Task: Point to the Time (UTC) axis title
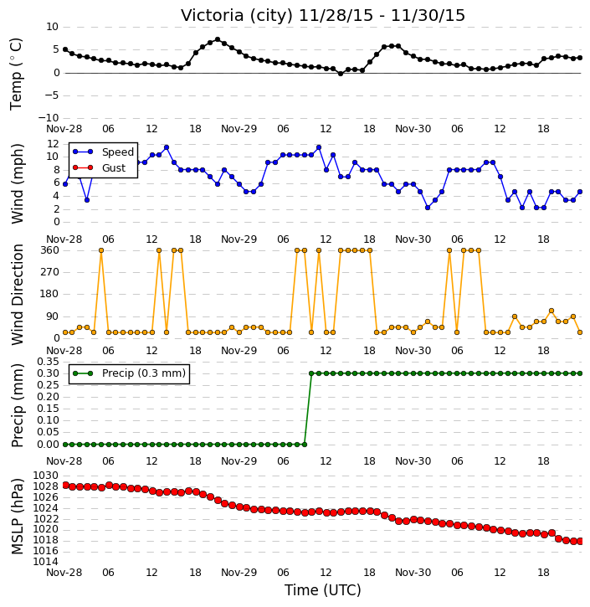[323, 590]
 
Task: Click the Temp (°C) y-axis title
[16, 74]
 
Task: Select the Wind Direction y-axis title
[17, 295]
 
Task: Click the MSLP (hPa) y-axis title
[17, 517]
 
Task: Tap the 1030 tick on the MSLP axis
[46, 476]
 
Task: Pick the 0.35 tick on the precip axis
[48, 362]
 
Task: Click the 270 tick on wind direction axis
[50, 272]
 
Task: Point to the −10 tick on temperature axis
[48, 118]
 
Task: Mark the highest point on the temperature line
[218, 39]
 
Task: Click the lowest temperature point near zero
[341, 73]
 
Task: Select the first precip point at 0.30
[311, 373]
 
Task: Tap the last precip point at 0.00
[305, 445]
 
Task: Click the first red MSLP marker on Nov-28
[65, 486]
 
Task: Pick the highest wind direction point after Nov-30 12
[552, 311]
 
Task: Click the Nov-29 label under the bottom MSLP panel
[239, 572]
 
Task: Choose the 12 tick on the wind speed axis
[53, 144]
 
